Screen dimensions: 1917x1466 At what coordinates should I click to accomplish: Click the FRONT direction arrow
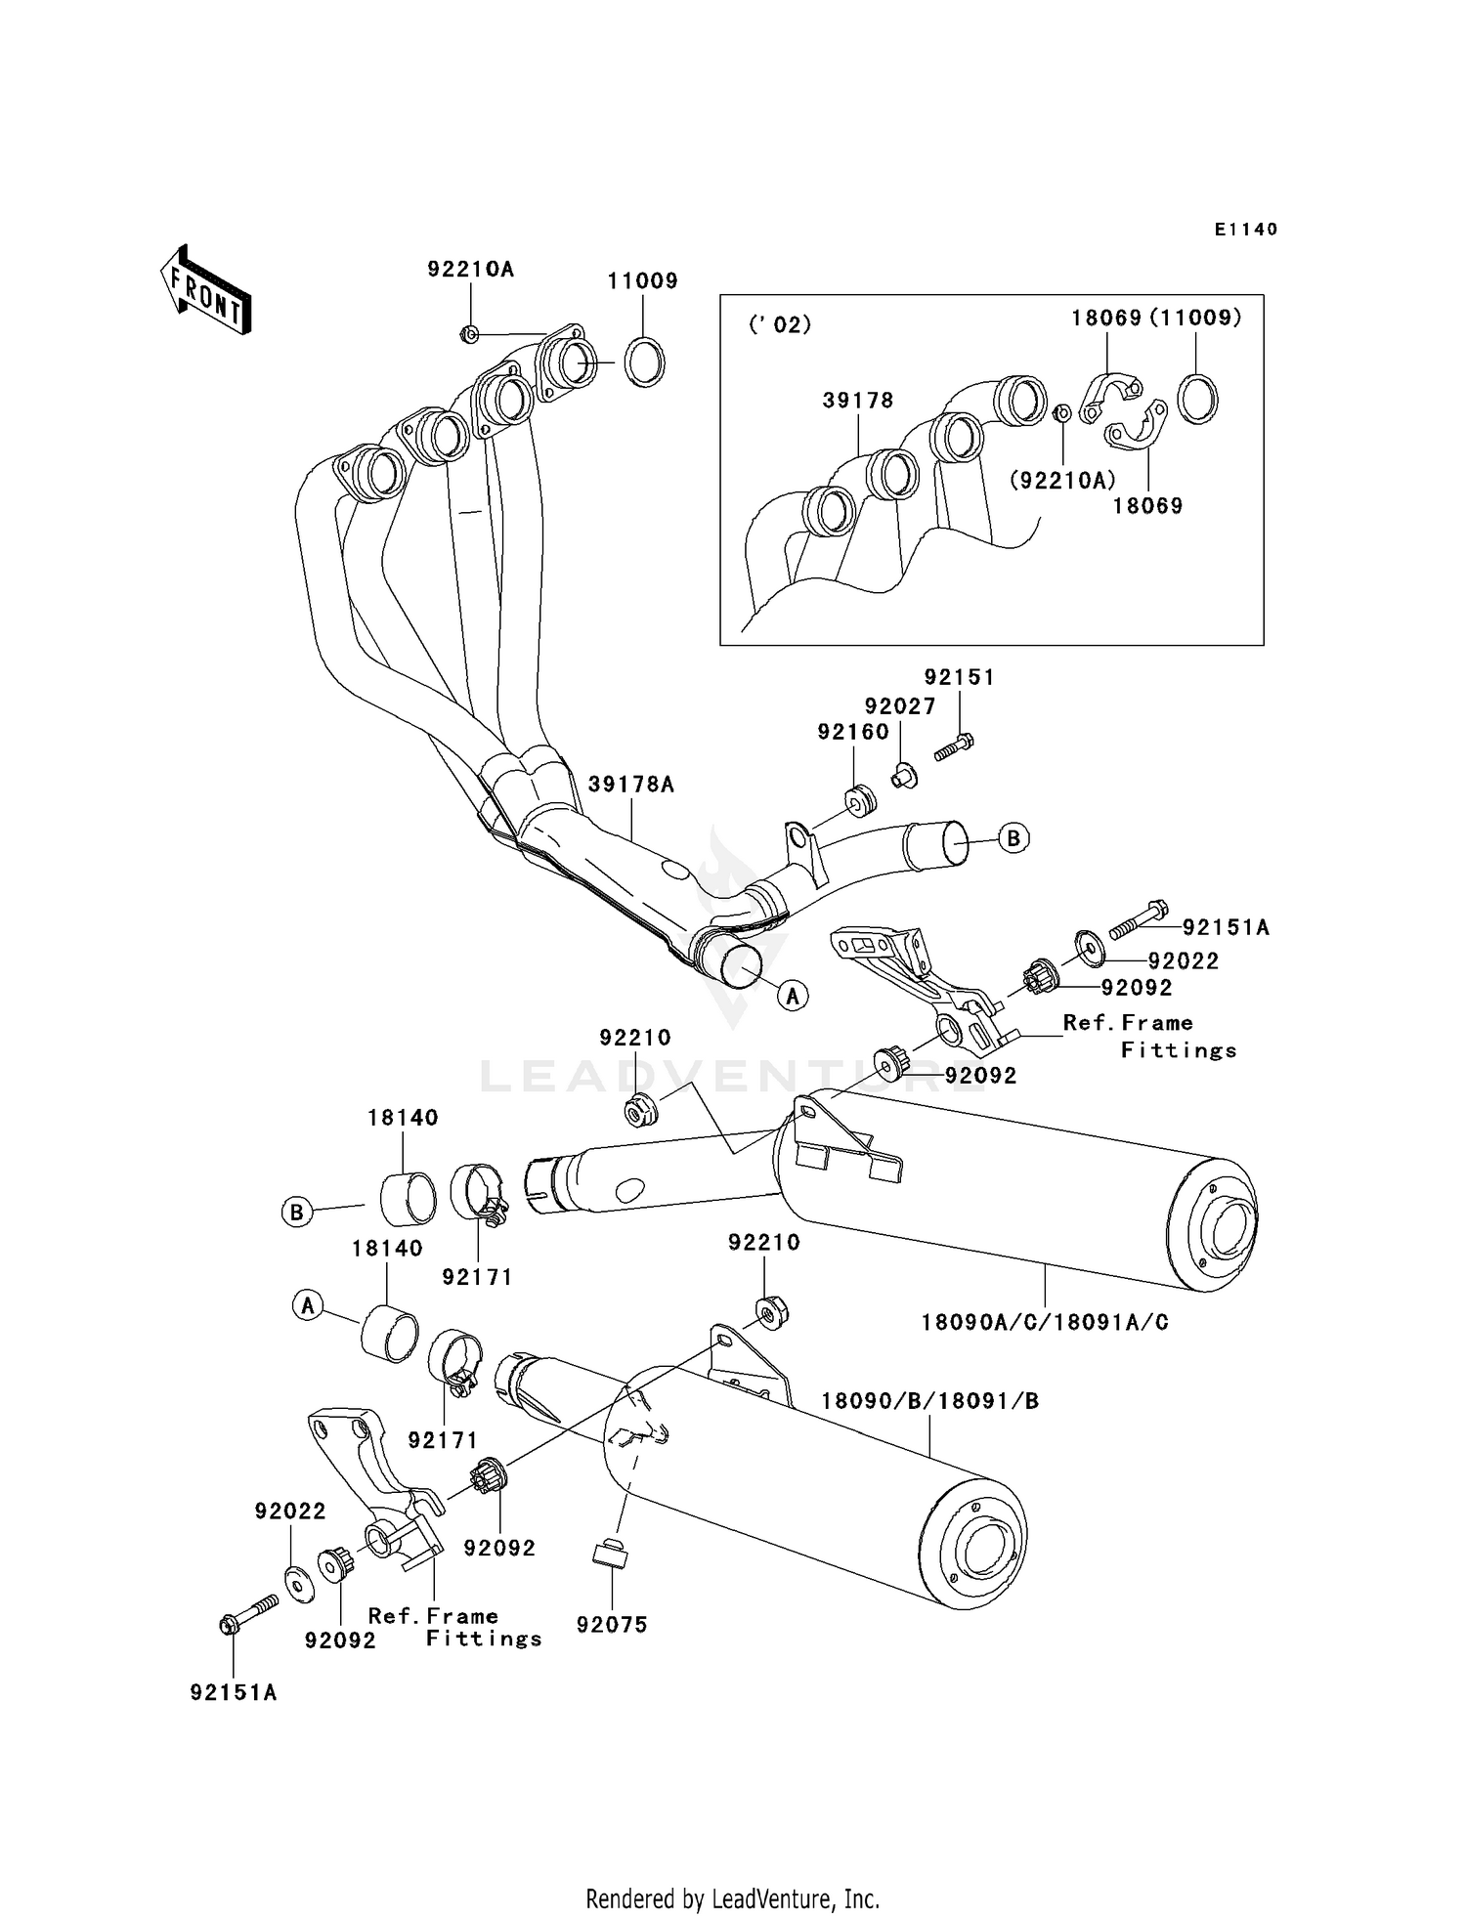[x=206, y=290]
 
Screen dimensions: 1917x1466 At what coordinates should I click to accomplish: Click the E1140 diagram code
[x=1245, y=230]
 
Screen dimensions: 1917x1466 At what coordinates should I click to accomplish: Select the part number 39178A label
[x=630, y=785]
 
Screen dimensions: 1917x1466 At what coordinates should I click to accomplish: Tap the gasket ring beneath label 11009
[x=643, y=362]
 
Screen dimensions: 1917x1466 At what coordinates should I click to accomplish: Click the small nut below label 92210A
[x=468, y=334]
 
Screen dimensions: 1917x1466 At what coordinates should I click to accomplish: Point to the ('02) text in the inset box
[x=780, y=325]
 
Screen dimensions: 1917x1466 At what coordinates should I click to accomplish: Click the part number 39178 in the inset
[x=857, y=401]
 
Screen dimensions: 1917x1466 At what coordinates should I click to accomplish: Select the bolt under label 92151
[x=954, y=748]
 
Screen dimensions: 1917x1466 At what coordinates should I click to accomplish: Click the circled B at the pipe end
[x=1013, y=838]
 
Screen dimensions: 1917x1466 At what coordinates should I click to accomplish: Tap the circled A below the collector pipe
[x=794, y=996]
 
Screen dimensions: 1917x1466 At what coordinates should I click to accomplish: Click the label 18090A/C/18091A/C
[x=1045, y=1323]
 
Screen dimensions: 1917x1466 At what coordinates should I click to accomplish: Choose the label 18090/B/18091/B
[x=929, y=1401]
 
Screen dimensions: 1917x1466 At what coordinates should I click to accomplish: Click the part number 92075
[x=612, y=1625]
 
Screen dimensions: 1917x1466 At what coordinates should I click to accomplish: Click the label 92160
[x=852, y=732]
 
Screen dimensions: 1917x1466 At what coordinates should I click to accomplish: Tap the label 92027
[x=899, y=706]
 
